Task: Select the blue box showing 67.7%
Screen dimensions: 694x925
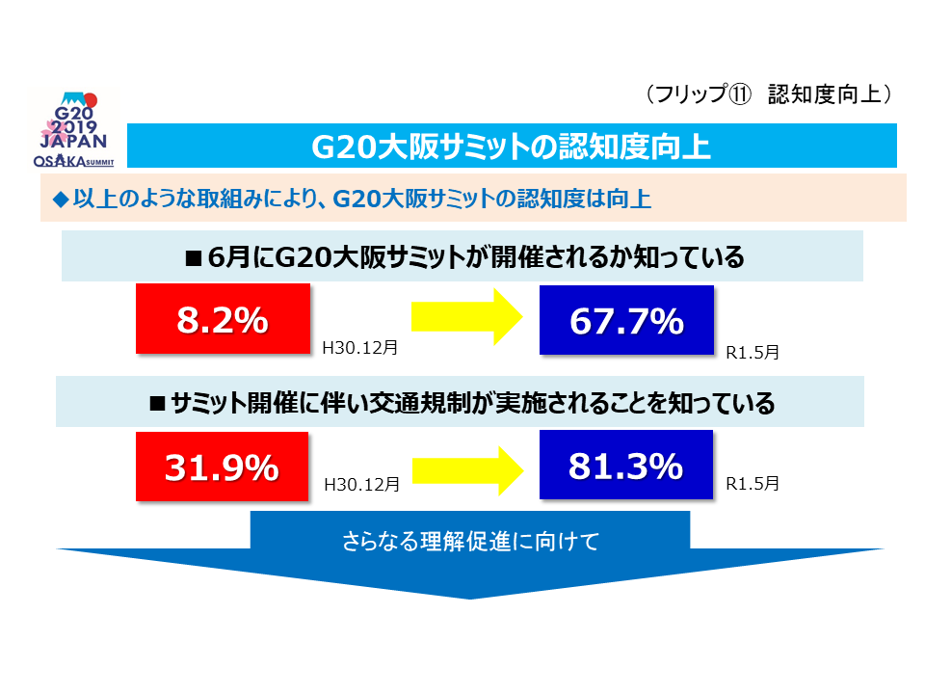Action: point(626,322)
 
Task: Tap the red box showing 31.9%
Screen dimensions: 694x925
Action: point(223,467)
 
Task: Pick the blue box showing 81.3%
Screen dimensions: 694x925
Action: point(626,467)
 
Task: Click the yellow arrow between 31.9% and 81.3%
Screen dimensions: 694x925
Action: point(466,469)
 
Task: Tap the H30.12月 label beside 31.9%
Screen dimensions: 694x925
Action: point(360,485)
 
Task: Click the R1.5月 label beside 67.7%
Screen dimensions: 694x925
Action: point(753,353)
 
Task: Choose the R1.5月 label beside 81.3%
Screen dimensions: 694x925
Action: point(753,483)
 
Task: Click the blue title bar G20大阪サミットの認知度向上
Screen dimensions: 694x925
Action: point(512,147)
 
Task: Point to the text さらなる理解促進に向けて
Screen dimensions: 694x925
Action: point(470,541)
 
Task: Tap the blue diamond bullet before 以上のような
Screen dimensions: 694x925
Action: point(60,200)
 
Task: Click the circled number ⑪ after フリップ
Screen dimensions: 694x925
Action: point(740,94)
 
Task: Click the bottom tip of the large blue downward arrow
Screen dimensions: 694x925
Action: point(470,597)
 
